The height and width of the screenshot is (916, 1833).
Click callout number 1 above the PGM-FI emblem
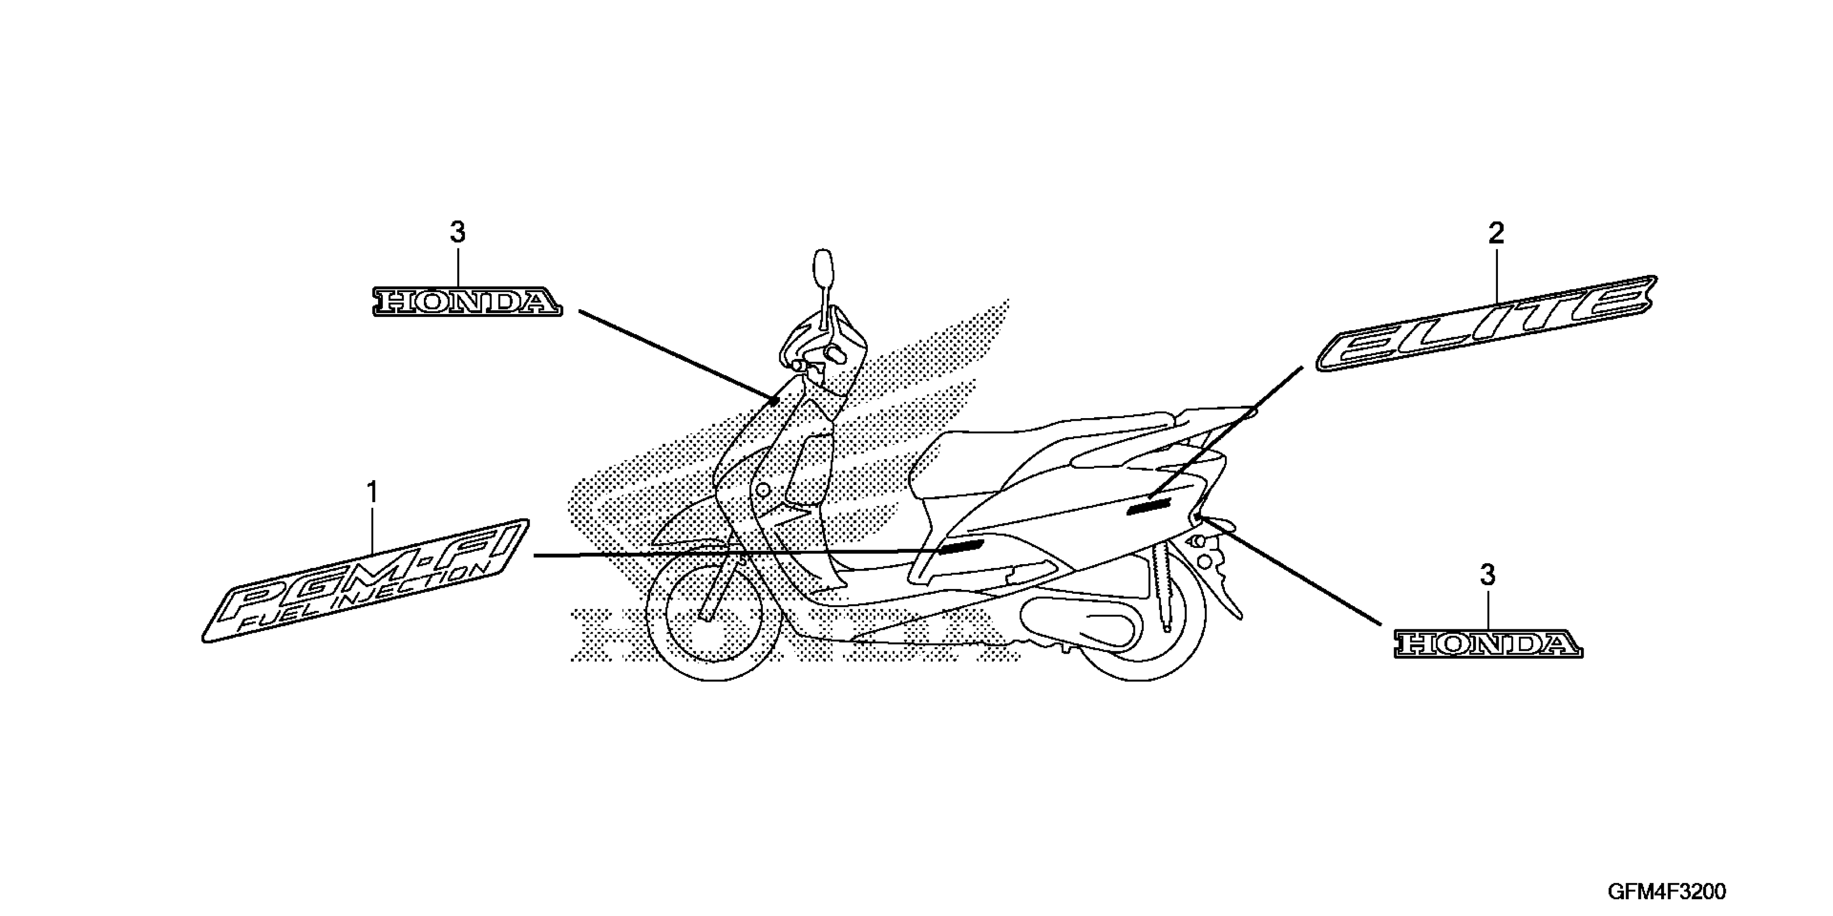(x=372, y=492)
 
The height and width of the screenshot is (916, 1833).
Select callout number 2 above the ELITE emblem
(x=1496, y=233)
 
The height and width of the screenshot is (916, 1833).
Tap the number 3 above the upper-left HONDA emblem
(x=457, y=232)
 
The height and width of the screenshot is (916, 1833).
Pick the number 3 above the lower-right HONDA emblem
(x=1488, y=575)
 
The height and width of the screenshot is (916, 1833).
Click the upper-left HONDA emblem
(x=468, y=302)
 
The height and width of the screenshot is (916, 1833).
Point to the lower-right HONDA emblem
(x=1488, y=643)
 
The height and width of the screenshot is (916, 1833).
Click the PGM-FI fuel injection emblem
(x=366, y=581)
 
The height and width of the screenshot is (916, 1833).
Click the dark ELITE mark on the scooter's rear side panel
(x=1148, y=506)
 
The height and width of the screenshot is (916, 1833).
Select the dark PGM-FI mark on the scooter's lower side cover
(x=960, y=546)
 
